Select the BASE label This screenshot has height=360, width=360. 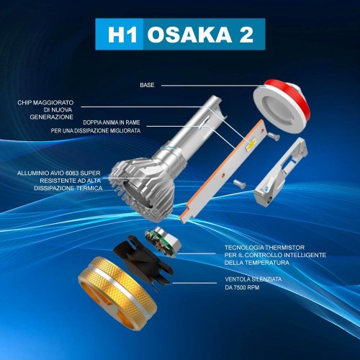[x=147, y=85]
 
